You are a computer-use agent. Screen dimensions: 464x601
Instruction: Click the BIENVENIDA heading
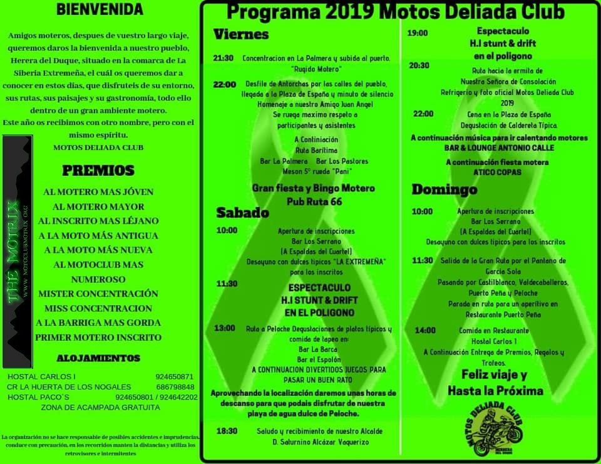99,9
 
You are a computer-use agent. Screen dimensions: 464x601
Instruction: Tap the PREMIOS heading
98,171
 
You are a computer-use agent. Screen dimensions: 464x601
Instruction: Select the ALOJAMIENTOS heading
98,358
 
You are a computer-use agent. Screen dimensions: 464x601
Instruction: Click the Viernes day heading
241,34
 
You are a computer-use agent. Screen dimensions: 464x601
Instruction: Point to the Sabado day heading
242,213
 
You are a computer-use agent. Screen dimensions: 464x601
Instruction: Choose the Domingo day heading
444,189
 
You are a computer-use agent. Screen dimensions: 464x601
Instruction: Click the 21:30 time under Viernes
223,58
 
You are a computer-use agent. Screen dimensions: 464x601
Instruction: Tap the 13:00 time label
224,328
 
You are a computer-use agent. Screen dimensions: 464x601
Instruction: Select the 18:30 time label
227,431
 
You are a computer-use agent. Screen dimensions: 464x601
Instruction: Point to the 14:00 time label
425,330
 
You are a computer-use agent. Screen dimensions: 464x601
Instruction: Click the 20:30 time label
419,65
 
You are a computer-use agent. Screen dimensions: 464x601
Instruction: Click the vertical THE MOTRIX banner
18,251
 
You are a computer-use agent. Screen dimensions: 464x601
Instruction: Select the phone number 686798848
175,387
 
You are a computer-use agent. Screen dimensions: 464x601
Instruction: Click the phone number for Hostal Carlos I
175,377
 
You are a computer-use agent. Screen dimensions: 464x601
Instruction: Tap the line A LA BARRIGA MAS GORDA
98,323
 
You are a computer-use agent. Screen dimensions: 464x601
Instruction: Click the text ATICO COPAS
497,172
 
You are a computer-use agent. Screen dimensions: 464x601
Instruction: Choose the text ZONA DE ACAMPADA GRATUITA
100,407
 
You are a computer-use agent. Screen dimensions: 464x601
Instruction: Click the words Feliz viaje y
494,375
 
